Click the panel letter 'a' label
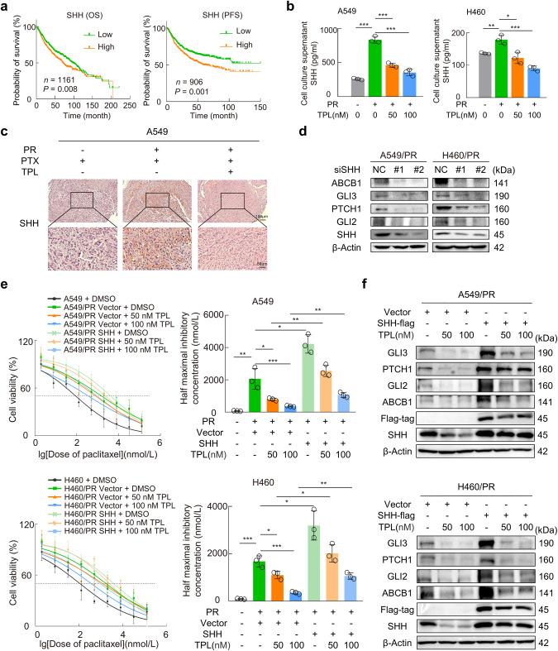(5, 7)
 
